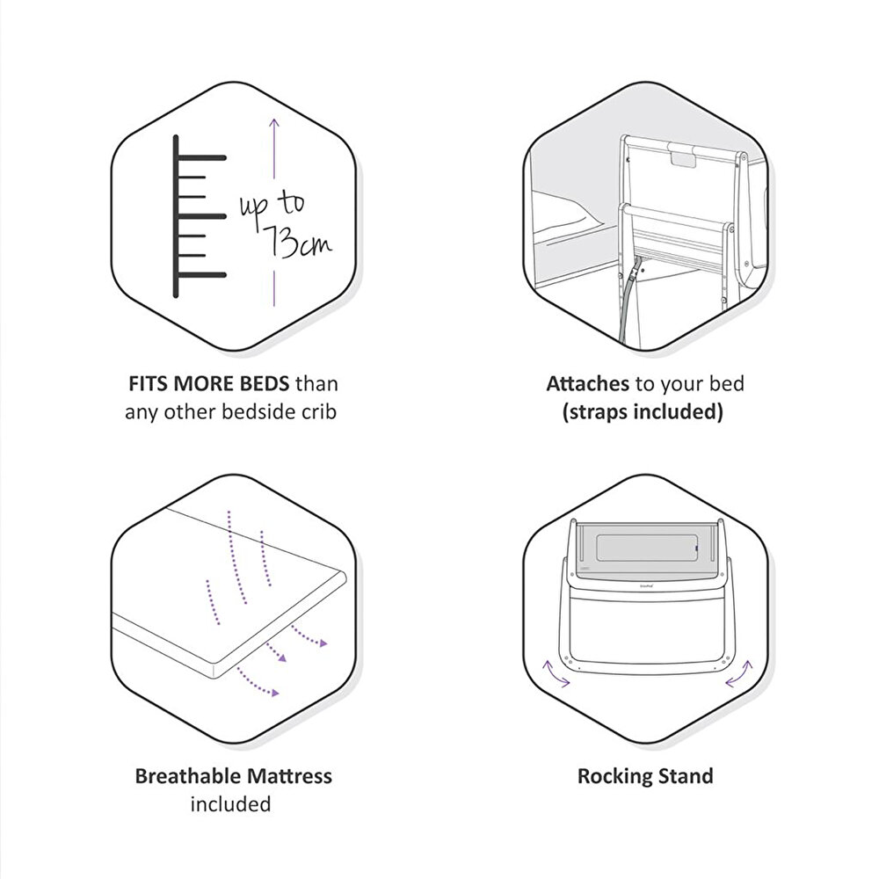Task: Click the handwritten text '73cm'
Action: click(297, 242)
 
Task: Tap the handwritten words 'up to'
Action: click(272, 207)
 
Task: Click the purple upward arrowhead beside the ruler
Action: click(273, 123)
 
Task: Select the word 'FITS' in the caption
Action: click(149, 384)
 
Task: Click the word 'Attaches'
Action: click(587, 384)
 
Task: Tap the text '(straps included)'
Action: click(643, 412)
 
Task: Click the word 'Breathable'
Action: click(188, 776)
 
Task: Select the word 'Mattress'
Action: click(290, 776)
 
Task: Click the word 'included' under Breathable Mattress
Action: click(230, 804)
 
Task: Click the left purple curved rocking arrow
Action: click(554, 675)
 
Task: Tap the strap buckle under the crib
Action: click(633, 273)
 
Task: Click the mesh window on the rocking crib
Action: click(646, 548)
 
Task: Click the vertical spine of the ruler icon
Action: click(176, 216)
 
